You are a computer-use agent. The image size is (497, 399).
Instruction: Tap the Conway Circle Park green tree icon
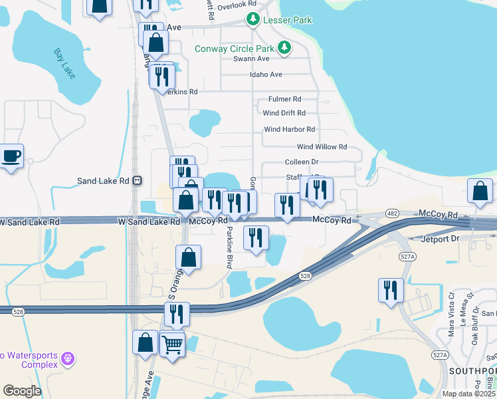284,48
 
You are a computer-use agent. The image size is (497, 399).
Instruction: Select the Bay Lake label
65,65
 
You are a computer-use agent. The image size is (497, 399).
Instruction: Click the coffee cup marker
11,157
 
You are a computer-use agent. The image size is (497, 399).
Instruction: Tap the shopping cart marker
172,345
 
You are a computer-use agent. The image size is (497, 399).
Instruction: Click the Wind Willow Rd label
322,147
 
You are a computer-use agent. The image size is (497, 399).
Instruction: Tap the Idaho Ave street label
266,74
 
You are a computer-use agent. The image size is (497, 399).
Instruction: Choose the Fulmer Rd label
284,99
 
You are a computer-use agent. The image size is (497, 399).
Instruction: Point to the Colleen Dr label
302,162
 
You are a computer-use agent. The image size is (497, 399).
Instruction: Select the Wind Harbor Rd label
289,130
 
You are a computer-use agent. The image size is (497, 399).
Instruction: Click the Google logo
22,391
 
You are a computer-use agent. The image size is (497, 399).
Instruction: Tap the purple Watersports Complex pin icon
67,360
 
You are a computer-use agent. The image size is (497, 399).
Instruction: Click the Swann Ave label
250,59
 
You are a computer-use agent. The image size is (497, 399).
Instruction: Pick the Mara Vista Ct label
451,310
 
